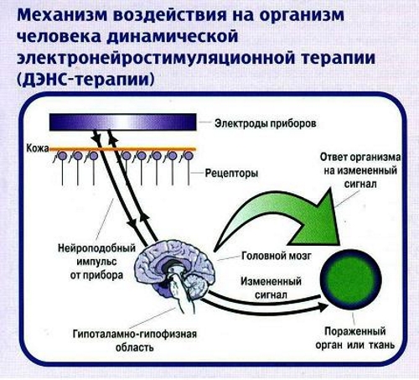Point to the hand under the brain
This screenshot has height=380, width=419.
coord(178,294)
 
